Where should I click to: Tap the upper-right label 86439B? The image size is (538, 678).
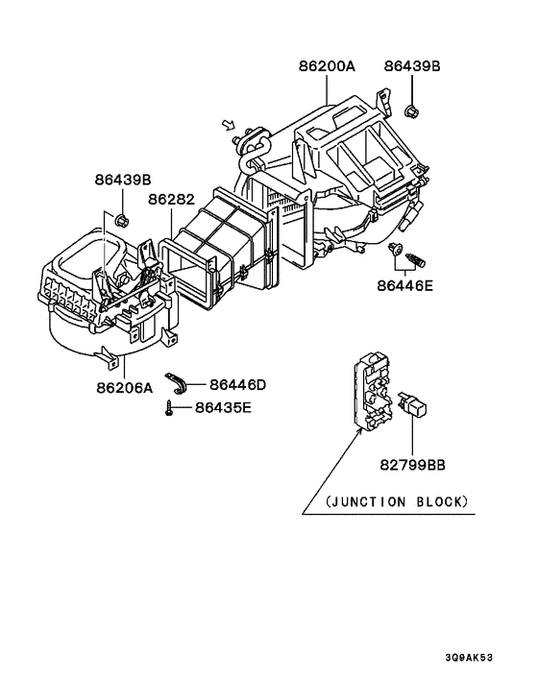412,67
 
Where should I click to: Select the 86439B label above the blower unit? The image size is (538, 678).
122,180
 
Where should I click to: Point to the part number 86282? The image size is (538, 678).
172,200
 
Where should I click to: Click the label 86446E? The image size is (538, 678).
405,284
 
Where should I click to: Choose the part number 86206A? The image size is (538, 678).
125,388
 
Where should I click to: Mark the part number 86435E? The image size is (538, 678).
224,407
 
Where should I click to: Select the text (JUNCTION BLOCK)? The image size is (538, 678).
398,501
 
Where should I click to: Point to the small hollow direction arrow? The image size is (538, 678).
228,124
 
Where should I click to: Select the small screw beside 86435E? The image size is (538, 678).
168,408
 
